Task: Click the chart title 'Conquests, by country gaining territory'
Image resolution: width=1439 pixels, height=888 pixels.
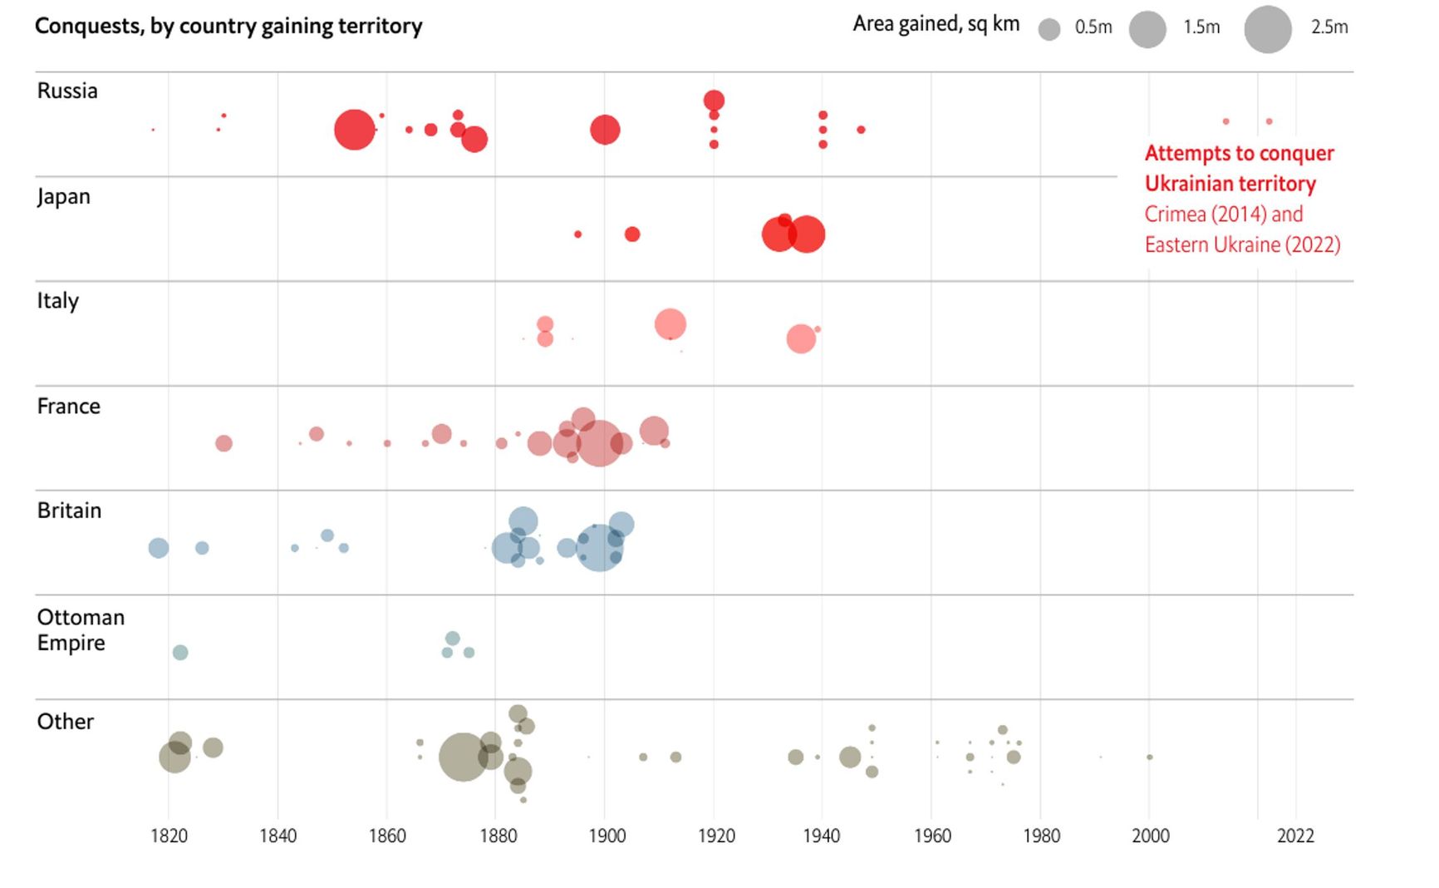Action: point(228,27)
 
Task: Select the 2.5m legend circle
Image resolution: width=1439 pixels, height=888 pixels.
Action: point(1267,30)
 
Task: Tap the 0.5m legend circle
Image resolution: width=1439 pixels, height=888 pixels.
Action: point(1049,30)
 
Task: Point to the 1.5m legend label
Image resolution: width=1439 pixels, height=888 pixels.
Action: point(1201,27)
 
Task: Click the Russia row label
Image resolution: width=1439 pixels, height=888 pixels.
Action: point(67,91)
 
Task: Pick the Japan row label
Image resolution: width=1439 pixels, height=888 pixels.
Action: point(64,197)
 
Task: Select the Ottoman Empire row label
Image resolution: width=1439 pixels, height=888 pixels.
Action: point(80,629)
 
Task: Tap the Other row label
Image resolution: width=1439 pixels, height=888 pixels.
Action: point(66,721)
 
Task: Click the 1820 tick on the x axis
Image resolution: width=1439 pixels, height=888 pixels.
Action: point(169,836)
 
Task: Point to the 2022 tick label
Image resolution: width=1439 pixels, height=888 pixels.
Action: point(1295,836)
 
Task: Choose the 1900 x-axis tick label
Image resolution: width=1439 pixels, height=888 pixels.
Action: point(607,836)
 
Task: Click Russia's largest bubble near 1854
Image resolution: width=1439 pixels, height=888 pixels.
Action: point(355,130)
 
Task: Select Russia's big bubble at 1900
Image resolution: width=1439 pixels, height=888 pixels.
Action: point(605,130)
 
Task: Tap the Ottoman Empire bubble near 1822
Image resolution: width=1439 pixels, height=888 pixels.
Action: point(180,653)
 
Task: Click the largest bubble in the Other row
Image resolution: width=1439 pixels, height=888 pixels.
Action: point(463,757)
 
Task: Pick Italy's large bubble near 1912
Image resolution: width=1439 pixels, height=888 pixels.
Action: point(670,324)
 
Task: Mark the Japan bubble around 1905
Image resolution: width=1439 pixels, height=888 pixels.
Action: point(632,234)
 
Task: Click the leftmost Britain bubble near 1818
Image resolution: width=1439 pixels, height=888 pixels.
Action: point(159,548)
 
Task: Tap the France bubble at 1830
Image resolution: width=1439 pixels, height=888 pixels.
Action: point(223,443)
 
